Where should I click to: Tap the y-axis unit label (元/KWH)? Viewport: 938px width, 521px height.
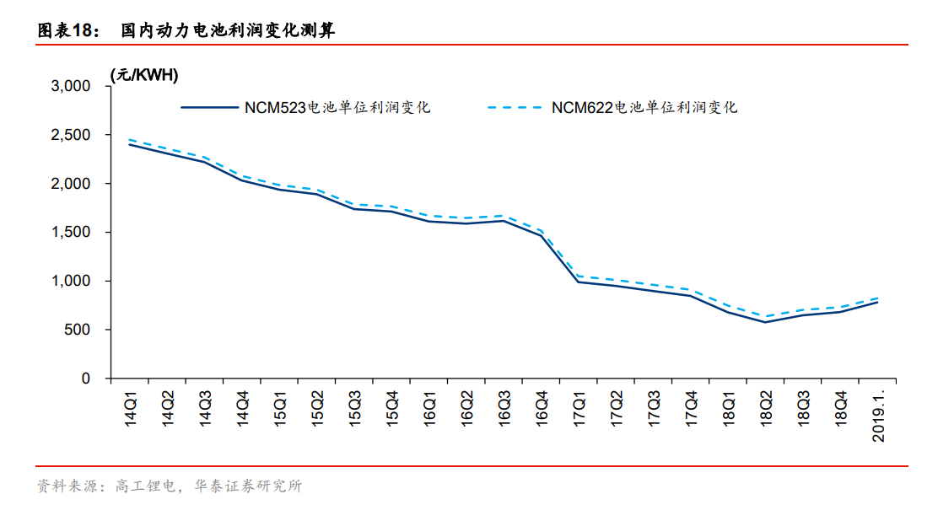coord(143,75)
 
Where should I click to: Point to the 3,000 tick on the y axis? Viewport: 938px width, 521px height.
coord(71,86)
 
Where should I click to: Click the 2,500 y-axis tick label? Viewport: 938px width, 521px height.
coord(71,135)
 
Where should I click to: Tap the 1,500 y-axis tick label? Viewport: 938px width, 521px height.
coord(71,233)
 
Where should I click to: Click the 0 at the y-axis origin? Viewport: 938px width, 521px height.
coord(85,379)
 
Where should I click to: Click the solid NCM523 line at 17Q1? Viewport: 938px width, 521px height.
coord(579,282)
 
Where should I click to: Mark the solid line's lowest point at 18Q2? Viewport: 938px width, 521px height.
coord(765,322)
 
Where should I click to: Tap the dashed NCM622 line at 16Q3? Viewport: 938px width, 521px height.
coord(504,216)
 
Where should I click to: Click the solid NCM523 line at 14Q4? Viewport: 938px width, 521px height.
coord(243,180)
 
